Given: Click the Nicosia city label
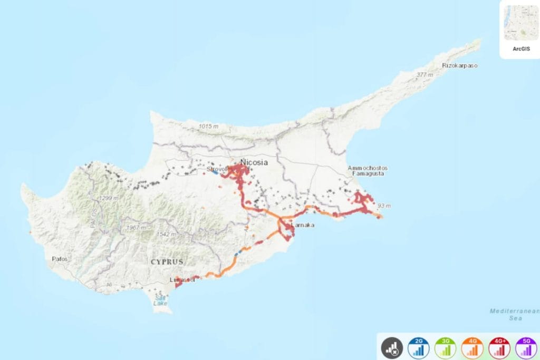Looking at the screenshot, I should pyautogui.click(x=254, y=162).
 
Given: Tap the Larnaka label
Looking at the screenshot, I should pyautogui.click(x=303, y=226).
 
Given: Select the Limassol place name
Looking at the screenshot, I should pyautogui.click(x=182, y=280).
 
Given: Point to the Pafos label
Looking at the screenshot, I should pyautogui.click(x=60, y=259).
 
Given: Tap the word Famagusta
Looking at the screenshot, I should pyautogui.click(x=368, y=173).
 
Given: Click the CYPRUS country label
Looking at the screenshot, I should pyautogui.click(x=167, y=261).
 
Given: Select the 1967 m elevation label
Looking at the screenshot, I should pyautogui.click(x=136, y=228).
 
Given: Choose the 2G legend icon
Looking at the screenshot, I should pyautogui.click(x=419, y=348).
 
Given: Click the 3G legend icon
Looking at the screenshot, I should pyautogui.click(x=446, y=348).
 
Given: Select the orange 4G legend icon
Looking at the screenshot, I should pyautogui.click(x=472, y=348).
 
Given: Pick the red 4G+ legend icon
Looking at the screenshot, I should pyautogui.click(x=499, y=348).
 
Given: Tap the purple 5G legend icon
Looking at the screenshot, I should pyautogui.click(x=526, y=348).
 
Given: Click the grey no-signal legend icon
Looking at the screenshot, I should pyautogui.click(x=392, y=348).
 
